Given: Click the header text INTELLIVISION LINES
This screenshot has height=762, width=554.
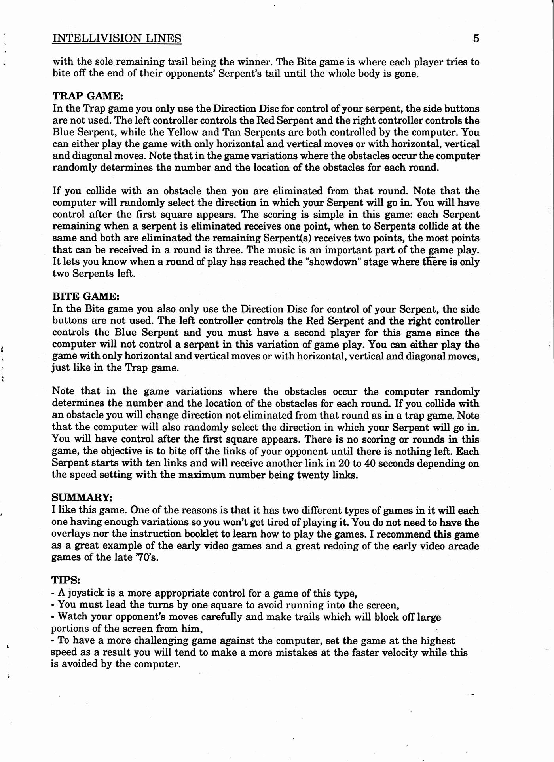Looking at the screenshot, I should click(x=117, y=38).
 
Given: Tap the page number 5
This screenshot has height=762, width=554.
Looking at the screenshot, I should click(x=476, y=38).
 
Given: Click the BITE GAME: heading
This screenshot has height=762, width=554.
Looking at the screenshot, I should click(x=85, y=296).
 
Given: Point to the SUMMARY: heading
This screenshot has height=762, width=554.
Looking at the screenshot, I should click(x=82, y=497).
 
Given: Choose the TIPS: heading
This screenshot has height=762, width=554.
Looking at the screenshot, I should click(x=66, y=580).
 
